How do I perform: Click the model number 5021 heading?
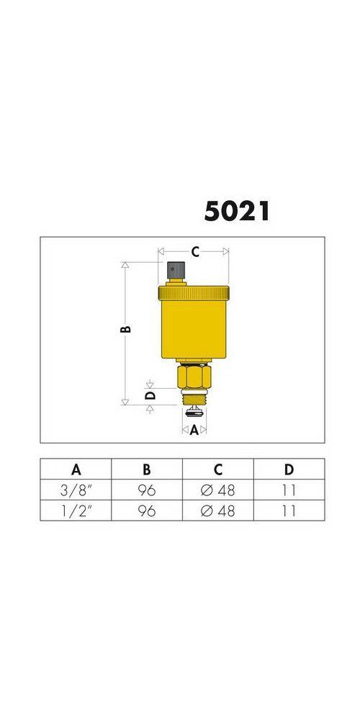tap(237, 210)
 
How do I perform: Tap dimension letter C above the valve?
tap(194, 252)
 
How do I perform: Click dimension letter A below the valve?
tap(194, 431)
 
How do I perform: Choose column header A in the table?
tap(76, 469)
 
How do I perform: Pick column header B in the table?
tap(147, 469)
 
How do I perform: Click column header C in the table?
tap(218, 469)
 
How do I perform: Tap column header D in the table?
tap(289, 469)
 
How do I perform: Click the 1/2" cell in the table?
tap(76, 510)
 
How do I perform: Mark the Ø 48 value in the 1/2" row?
tap(218, 510)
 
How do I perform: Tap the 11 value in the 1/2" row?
tap(289, 510)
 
